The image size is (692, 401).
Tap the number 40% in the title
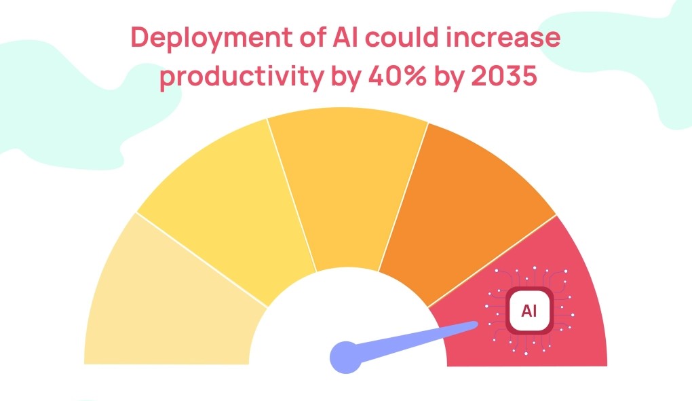[x=397, y=75]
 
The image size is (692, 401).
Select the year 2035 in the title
[x=504, y=75]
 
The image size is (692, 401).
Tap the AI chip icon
[x=529, y=311]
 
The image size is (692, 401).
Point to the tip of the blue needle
[x=477, y=325]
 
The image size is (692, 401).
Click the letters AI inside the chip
[x=529, y=311]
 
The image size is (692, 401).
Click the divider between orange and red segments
[x=492, y=261]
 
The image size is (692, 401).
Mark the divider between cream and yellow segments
[x=202, y=259]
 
